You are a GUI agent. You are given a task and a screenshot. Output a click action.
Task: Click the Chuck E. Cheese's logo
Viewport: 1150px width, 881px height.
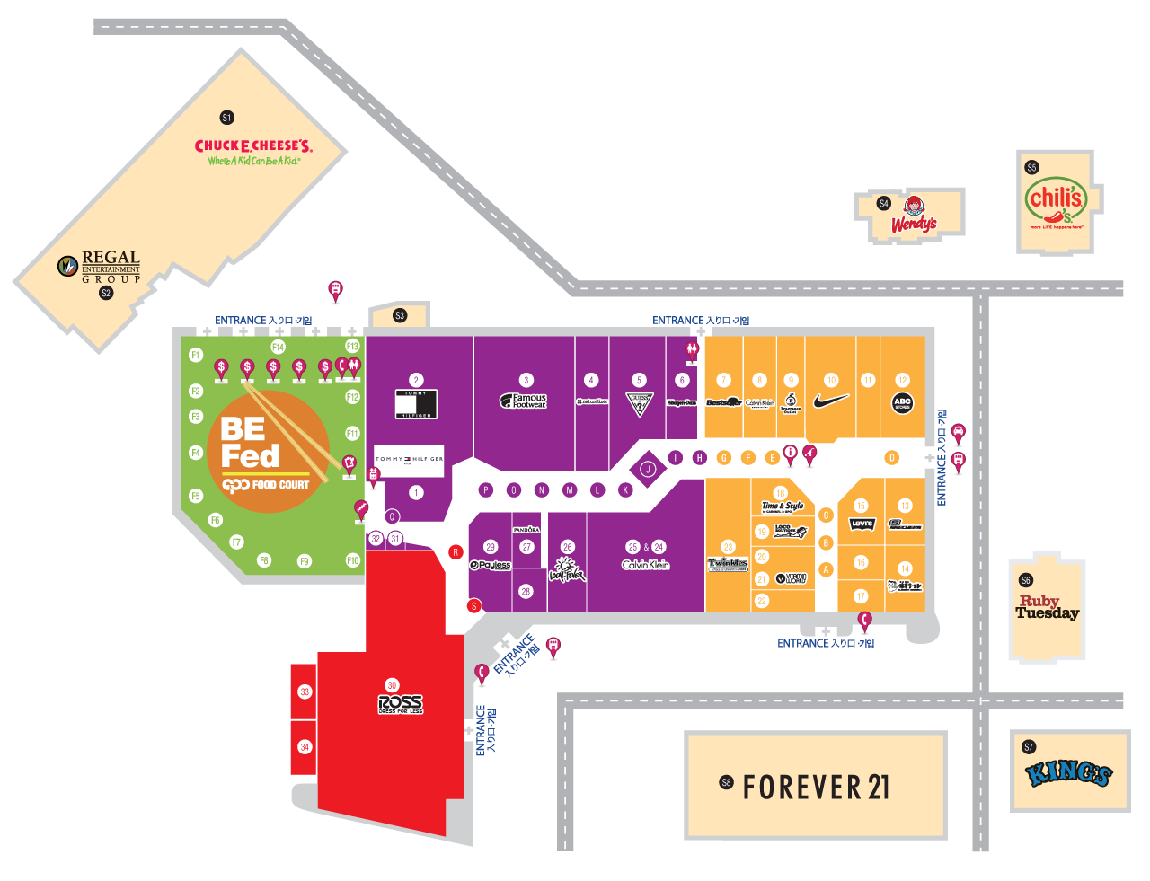point(253,151)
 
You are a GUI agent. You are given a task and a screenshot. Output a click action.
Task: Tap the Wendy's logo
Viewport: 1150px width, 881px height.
point(914,216)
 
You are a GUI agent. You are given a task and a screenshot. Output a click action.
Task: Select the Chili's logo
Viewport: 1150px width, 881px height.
point(1056,204)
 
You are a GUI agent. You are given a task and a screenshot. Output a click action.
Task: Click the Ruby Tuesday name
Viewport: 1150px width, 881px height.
point(1047,608)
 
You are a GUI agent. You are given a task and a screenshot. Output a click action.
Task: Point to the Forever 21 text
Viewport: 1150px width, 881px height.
point(816,787)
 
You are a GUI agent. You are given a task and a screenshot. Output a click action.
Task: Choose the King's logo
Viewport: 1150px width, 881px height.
point(1069,773)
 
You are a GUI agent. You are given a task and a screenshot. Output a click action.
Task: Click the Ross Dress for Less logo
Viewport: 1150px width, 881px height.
point(401,704)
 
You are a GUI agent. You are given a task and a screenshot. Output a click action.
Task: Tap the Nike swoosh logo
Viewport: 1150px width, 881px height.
point(832,401)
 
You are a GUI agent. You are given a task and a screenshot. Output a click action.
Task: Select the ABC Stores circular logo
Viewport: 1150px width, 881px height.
point(902,403)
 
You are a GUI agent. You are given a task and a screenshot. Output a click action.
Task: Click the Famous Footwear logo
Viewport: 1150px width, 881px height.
point(524,401)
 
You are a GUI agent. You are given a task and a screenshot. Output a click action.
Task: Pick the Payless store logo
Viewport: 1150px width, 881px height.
point(491,565)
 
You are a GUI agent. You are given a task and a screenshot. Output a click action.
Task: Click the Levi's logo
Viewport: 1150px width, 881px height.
point(862,524)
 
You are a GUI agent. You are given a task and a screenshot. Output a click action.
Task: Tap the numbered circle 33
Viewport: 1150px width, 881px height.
point(305,692)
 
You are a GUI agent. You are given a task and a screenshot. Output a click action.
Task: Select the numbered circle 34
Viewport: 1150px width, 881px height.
point(305,747)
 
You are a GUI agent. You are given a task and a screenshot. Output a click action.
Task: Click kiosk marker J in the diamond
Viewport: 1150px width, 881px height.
point(647,469)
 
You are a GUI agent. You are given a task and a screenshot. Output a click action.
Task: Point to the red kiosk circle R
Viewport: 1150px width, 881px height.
point(456,552)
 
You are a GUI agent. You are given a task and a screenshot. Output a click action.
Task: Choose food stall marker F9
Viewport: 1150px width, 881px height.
point(305,561)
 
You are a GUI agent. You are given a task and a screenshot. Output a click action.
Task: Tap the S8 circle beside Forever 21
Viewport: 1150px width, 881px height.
point(726,783)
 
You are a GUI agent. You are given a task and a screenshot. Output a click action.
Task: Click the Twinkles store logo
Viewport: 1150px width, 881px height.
point(728,564)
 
